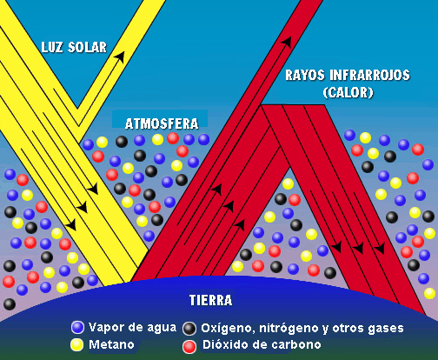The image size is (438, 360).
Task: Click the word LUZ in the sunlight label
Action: pyautogui.click(x=52, y=47)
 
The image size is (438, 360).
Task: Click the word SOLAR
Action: pyautogui.click(x=87, y=47)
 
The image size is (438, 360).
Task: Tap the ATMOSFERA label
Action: pyautogui.click(x=162, y=123)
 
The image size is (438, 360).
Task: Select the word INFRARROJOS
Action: pyautogui.click(x=369, y=75)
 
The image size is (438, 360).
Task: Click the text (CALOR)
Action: pyautogui.click(x=348, y=92)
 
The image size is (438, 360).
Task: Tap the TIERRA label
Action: pyautogui.click(x=210, y=300)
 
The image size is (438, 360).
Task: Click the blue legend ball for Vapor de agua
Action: pyautogui.click(x=77, y=327)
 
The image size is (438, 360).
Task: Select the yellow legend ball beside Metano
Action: pyautogui.click(x=77, y=344)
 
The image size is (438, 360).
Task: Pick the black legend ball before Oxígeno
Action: pyautogui.click(x=189, y=329)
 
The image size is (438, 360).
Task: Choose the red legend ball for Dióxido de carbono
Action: pyautogui.click(x=189, y=346)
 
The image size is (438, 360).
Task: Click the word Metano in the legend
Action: pyautogui.click(x=111, y=344)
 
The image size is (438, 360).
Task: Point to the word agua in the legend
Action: pyautogui.click(x=162, y=328)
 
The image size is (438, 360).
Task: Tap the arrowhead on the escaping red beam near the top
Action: pyautogui.click(x=286, y=42)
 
